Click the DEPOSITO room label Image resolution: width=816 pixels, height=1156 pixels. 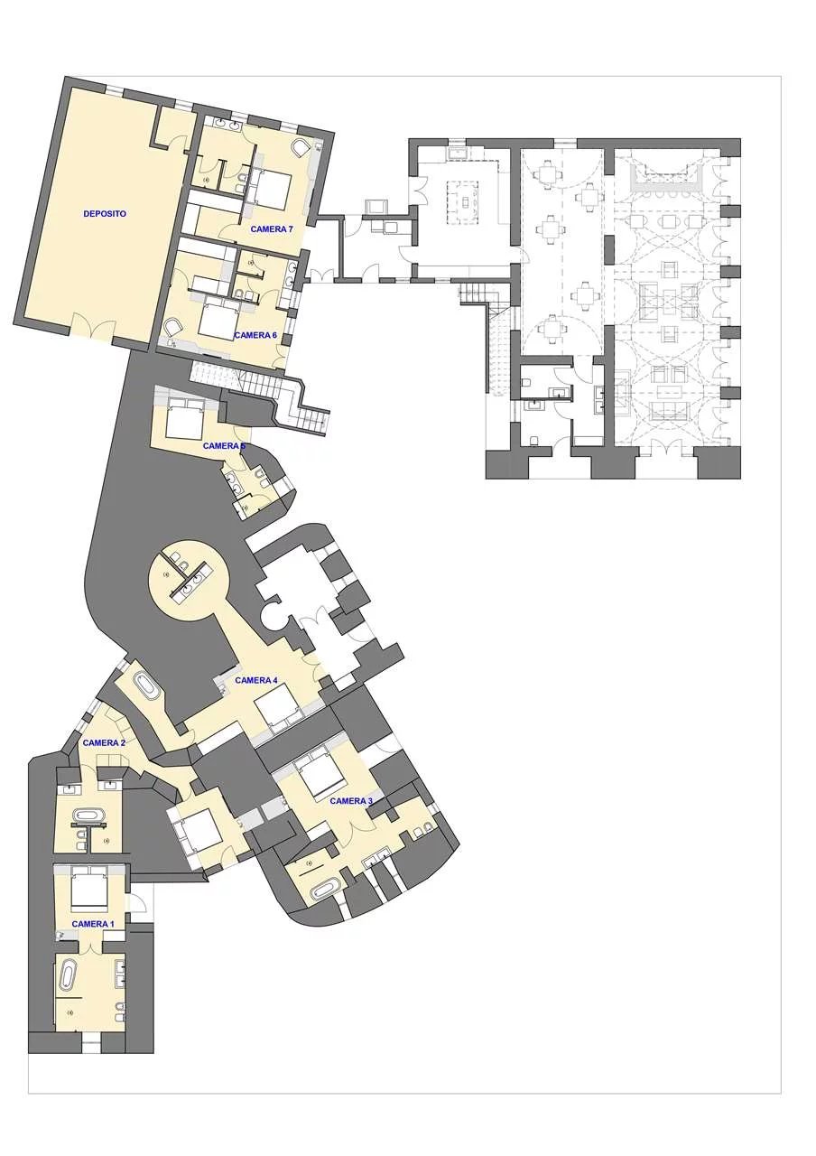click(x=105, y=214)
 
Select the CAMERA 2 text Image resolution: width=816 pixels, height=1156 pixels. click(x=104, y=742)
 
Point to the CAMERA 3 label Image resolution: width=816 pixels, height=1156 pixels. click(x=351, y=801)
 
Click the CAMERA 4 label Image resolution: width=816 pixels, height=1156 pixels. click(x=256, y=680)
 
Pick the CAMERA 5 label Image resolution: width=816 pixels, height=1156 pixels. click(x=224, y=445)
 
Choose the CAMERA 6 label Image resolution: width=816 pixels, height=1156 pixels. click(x=255, y=335)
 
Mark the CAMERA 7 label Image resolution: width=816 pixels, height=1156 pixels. click(x=272, y=228)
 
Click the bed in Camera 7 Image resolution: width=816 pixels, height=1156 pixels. click(x=272, y=190)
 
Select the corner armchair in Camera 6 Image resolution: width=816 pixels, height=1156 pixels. click(x=172, y=327)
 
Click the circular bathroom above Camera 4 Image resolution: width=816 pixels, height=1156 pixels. click(x=189, y=581)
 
